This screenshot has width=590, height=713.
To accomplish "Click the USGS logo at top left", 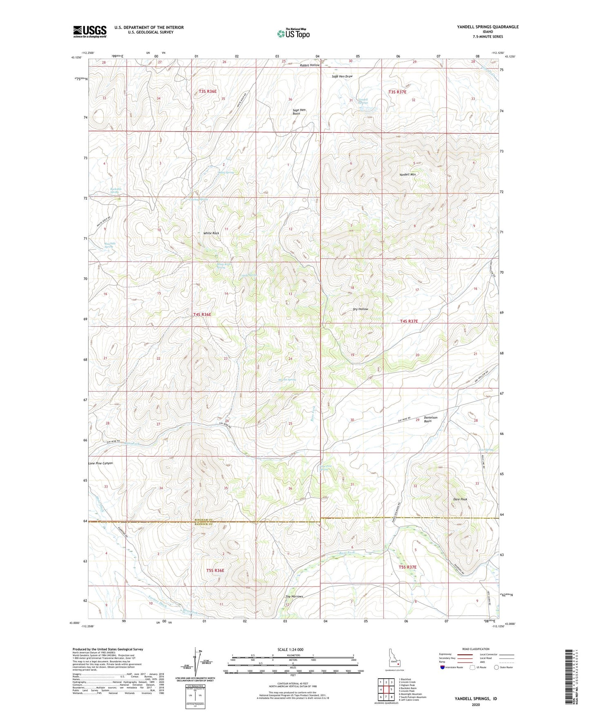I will [90, 31].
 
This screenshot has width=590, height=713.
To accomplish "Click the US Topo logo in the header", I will [293, 33].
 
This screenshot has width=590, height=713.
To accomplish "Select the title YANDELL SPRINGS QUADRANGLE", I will [488, 27].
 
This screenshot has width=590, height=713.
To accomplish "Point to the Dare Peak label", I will [460, 499].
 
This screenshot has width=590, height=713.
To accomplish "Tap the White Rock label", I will [211, 233].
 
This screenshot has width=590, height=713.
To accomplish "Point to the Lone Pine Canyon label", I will [100, 463].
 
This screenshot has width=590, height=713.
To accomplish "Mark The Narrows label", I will [294, 596].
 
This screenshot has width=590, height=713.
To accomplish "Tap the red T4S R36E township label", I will [202, 314].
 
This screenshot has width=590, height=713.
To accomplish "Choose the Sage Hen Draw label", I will [342, 76].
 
